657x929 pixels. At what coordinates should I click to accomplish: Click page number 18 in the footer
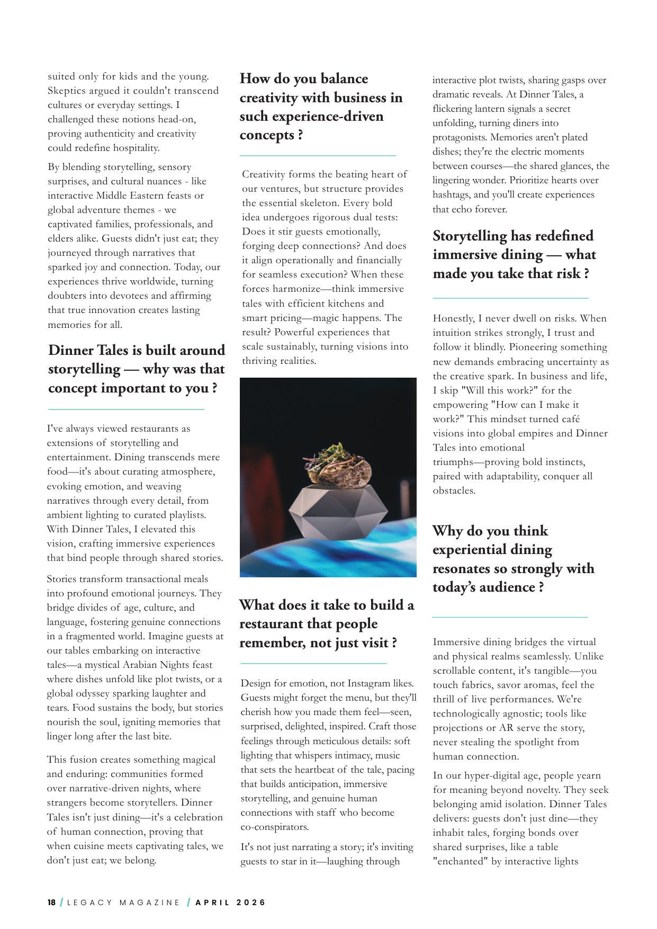coord(51,902)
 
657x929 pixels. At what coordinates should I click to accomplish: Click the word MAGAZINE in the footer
coord(150,902)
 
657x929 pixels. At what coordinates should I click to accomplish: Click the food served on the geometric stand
coord(337,467)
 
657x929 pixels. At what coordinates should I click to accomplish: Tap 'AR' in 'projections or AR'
coord(506,728)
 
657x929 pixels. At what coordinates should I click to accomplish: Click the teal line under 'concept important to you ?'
coord(126,409)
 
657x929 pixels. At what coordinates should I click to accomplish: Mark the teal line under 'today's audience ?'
coord(510,617)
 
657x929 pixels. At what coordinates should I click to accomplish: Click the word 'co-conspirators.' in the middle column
coord(275,827)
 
